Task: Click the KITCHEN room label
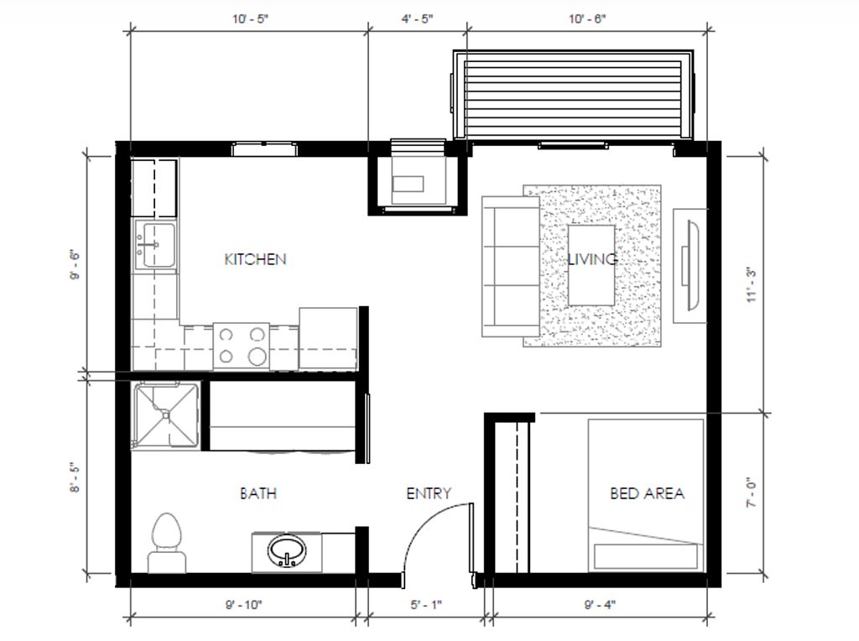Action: point(255,259)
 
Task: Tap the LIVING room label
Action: point(592,258)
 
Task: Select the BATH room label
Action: point(258,493)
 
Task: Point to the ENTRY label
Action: point(429,493)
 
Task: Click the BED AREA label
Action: point(647,493)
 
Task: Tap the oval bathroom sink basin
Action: point(287,551)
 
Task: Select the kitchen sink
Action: point(155,245)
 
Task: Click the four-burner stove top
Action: point(241,346)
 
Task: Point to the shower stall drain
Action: point(166,415)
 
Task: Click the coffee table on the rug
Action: point(591,265)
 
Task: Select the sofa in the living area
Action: point(511,266)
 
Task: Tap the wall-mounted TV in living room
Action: point(691,265)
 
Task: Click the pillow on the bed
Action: point(646,555)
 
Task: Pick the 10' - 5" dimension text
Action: point(250,19)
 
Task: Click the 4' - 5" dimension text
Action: point(418,19)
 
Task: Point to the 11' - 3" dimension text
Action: point(751,284)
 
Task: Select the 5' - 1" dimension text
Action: point(426,605)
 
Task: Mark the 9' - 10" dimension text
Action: point(244,605)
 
